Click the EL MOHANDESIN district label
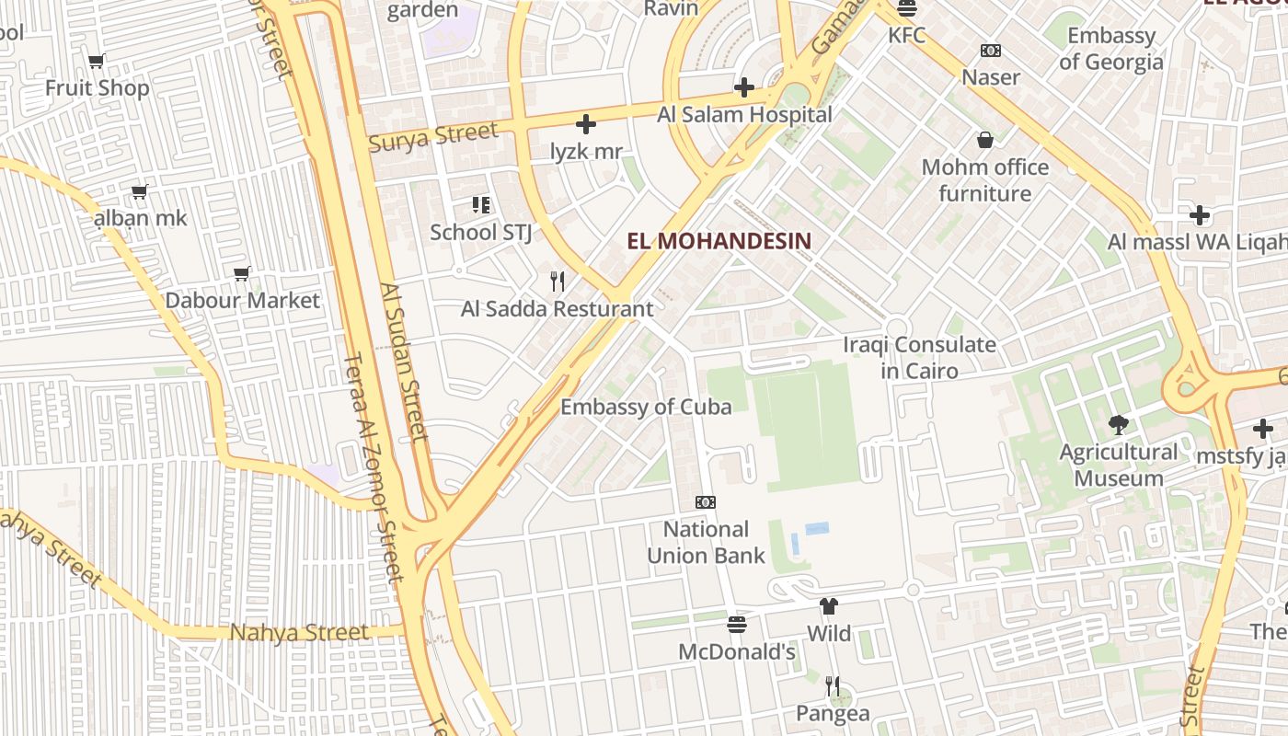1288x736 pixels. (x=719, y=241)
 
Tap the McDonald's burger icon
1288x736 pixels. (x=736, y=625)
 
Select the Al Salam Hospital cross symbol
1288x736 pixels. (x=744, y=87)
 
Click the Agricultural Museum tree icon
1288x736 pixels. (x=1118, y=424)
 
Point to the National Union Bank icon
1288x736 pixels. (x=706, y=502)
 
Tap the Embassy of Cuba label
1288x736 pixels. (x=646, y=407)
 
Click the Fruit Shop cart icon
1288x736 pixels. (x=97, y=62)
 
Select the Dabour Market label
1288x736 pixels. (x=242, y=300)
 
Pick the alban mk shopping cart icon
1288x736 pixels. (x=140, y=191)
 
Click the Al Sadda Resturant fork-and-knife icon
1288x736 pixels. (x=557, y=281)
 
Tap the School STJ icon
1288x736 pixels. (x=480, y=204)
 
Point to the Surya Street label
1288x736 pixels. (x=432, y=136)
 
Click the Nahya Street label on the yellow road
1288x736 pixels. (x=299, y=632)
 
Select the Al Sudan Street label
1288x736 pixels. (x=404, y=362)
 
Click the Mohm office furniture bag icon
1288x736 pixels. (x=985, y=140)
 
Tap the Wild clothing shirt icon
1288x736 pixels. (x=829, y=606)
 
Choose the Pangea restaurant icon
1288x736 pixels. (x=832, y=685)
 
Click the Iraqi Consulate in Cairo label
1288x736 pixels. (x=919, y=357)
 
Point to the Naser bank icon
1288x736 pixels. (x=991, y=51)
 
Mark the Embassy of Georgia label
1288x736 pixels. (x=1110, y=48)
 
